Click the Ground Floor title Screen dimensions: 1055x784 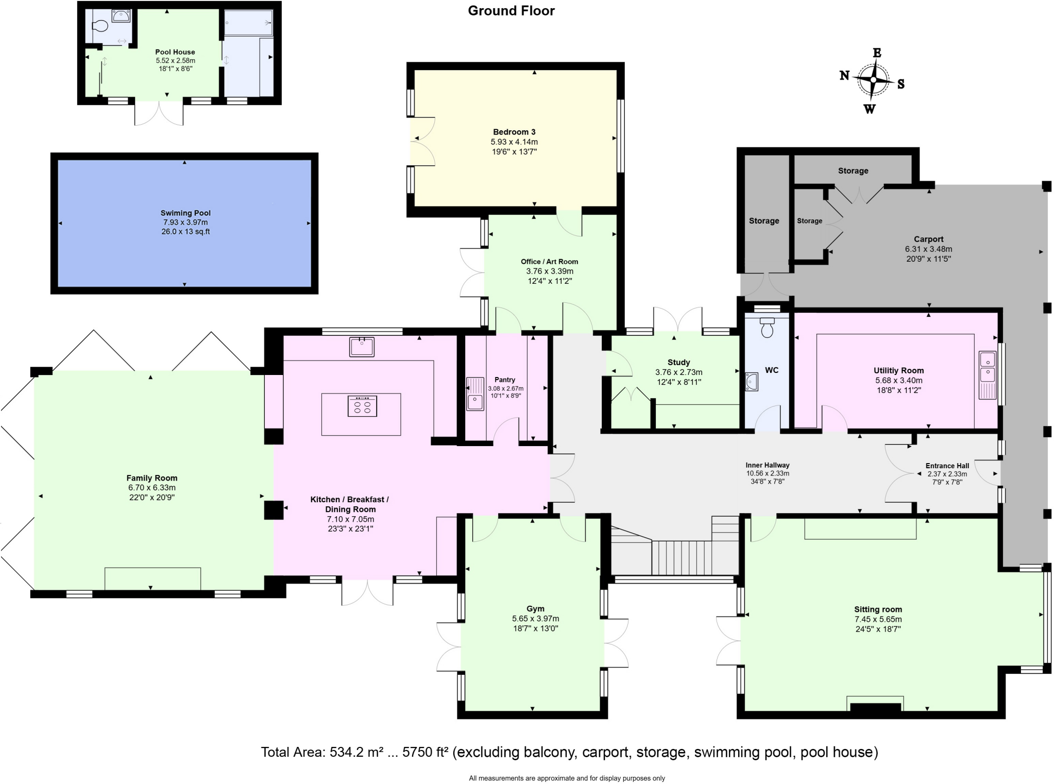pos(511,11)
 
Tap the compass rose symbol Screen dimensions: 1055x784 pos(873,80)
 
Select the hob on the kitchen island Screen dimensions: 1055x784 pos(362,405)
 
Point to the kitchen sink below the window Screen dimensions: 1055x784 pos(362,347)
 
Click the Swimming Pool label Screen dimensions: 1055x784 pos(185,213)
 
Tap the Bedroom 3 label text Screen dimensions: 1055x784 pos(514,132)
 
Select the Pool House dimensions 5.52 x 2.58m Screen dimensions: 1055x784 pos(175,60)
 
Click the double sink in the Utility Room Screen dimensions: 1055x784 pos(988,375)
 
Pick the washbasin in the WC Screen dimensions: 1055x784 pos(752,382)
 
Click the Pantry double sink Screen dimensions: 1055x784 pos(475,394)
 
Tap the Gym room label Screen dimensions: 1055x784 pos(535,609)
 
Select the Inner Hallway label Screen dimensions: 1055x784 pos(768,465)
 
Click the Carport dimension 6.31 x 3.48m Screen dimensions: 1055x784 pos(928,249)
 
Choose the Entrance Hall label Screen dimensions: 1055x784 pos(947,466)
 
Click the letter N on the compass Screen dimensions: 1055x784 pos(844,76)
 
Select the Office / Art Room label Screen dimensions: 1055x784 pos(549,262)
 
